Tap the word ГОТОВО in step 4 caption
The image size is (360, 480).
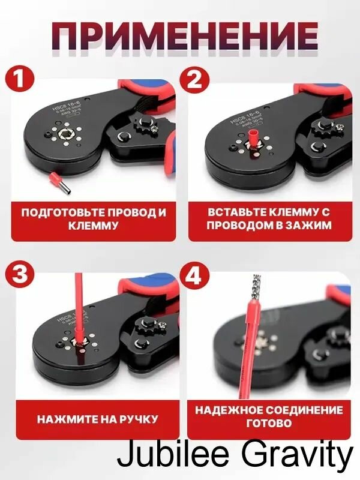click(x=269, y=424)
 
